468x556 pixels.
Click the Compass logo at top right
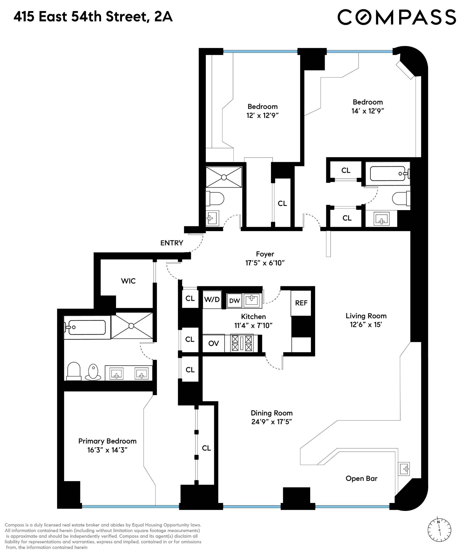[x=396, y=17]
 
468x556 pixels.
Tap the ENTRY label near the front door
[x=172, y=243]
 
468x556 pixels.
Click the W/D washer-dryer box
[x=212, y=300]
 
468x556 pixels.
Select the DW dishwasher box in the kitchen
[x=235, y=301]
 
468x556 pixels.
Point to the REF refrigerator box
[x=301, y=303]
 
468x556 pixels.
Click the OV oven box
[x=214, y=344]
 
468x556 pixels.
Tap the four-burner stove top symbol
[x=242, y=343]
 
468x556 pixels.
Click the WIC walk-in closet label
[x=128, y=281]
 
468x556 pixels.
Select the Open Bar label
[x=361, y=478]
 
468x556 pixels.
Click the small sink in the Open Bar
[x=404, y=469]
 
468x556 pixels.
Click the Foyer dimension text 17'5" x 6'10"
[x=265, y=263]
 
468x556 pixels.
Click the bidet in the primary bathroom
[x=93, y=372]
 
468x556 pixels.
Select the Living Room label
[x=366, y=316]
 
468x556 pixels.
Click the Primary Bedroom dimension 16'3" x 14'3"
[x=108, y=450]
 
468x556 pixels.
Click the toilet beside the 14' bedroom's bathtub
[x=401, y=198]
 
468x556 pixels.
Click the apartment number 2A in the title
[x=163, y=17]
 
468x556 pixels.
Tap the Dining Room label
[x=272, y=413]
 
